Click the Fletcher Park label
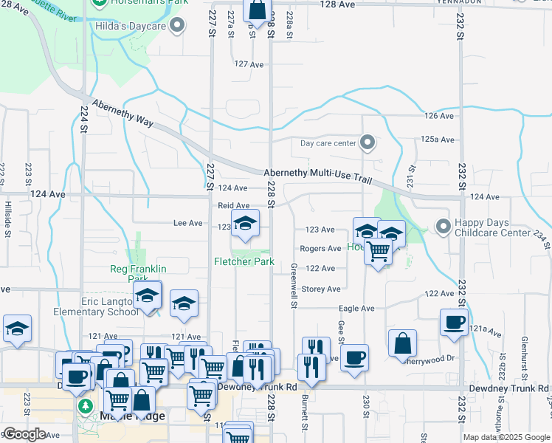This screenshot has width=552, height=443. [244, 261]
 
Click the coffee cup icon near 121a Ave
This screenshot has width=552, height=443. [454, 321]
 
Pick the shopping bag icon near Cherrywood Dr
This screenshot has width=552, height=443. [403, 343]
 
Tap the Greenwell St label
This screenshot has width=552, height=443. [294, 285]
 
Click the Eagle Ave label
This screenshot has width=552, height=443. [356, 308]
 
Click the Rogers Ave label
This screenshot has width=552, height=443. [320, 249]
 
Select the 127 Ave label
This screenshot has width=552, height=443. [249, 65]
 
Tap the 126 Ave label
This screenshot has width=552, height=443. [439, 116]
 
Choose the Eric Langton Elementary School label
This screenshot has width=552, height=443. [96, 306]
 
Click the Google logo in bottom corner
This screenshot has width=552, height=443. [24, 434]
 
